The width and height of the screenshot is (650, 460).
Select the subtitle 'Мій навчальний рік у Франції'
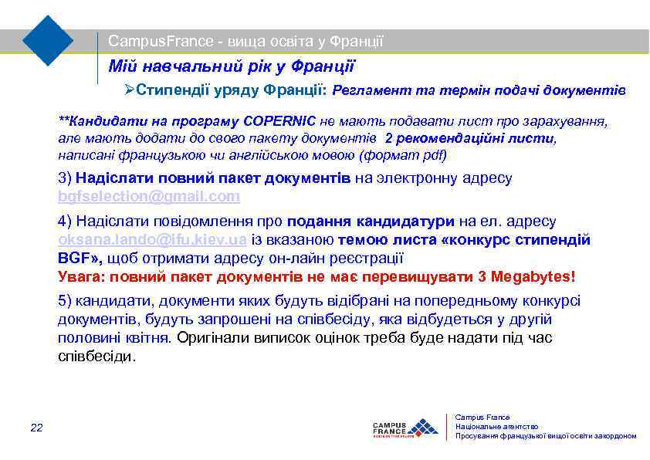tap(232, 66)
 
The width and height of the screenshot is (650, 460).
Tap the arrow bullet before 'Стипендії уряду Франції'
tap(130, 91)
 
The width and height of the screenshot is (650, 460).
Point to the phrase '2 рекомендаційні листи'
tap(469, 138)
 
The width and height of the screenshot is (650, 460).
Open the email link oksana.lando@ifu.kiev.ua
tap(152, 240)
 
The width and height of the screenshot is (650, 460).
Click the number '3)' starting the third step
tap(66, 178)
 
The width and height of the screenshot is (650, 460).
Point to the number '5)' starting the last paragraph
tap(66, 302)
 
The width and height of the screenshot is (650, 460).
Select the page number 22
tap(36, 427)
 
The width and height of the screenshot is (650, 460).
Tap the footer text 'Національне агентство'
tap(496, 426)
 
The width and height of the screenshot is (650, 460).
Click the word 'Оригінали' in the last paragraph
tap(211, 338)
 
